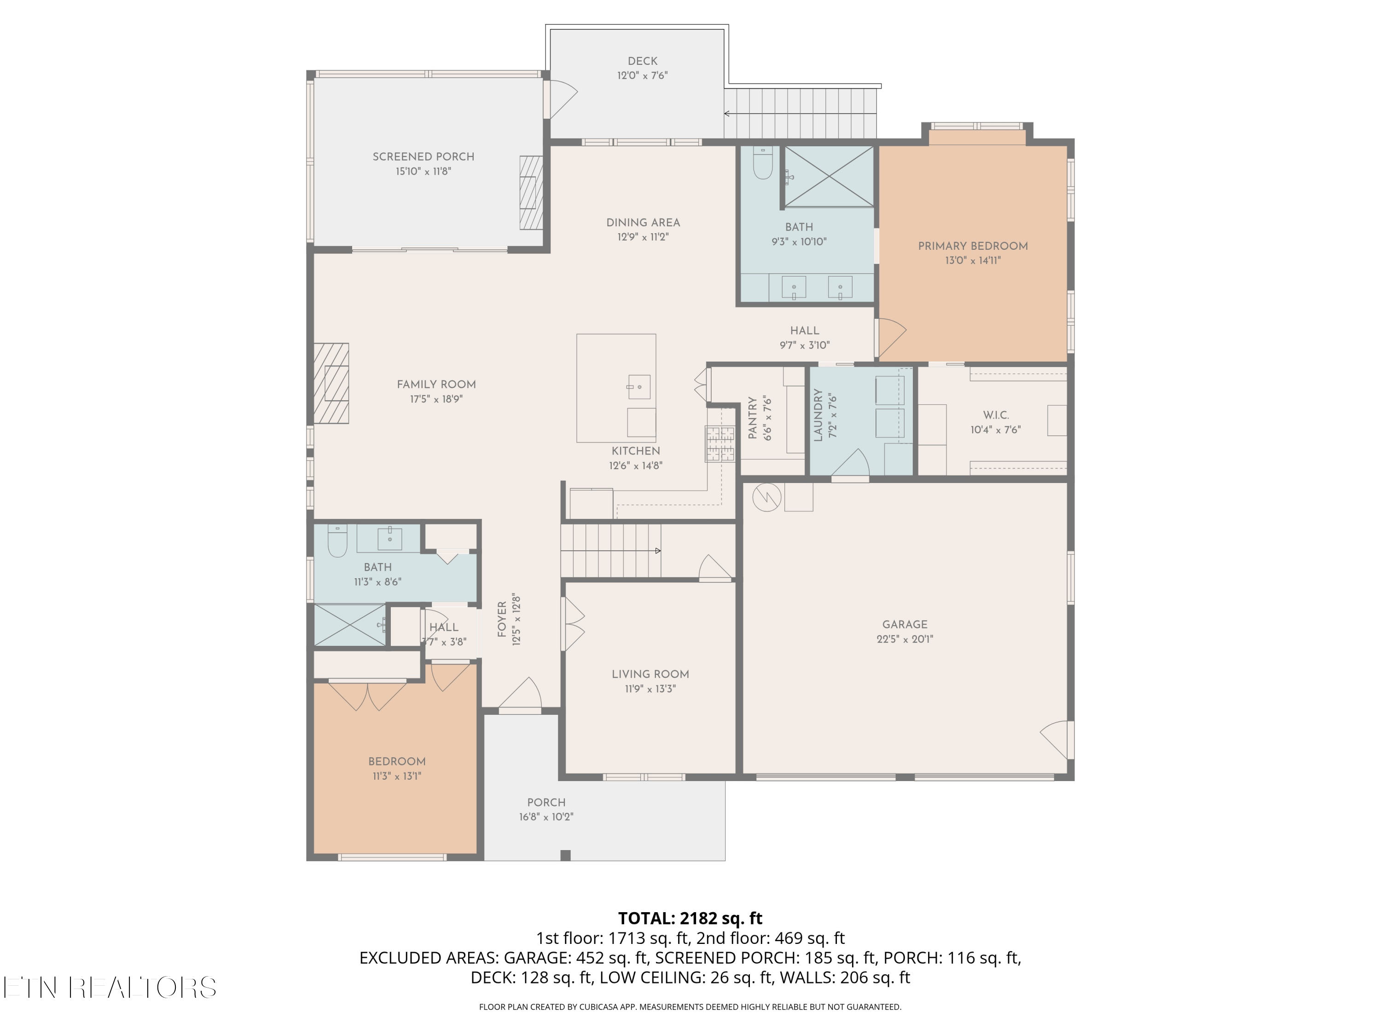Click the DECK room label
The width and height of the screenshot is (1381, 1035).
click(x=643, y=61)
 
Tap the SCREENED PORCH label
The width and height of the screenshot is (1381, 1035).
click(x=424, y=156)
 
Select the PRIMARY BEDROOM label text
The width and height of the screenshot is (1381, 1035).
click(x=973, y=246)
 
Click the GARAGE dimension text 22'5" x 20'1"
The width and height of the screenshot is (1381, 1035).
click(x=905, y=639)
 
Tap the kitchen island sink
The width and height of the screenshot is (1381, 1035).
click(x=638, y=387)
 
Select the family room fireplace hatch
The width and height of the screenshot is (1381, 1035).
click(x=331, y=383)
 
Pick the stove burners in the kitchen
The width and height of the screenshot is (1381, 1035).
click(x=720, y=443)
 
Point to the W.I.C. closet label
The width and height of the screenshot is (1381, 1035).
click(x=995, y=415)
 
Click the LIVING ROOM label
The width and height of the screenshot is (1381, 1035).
click(x=650, y=674)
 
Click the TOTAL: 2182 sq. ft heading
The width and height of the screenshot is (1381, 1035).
click(x=690, y=918)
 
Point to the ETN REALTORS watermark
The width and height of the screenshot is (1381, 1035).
click(x=109, y=987)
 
